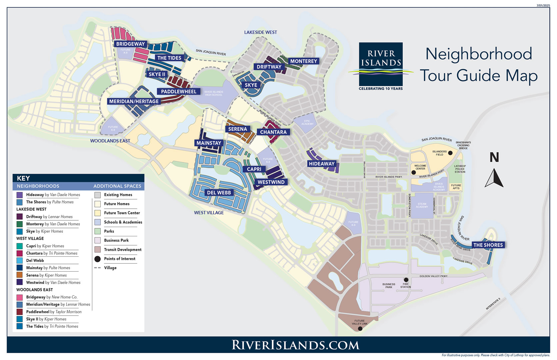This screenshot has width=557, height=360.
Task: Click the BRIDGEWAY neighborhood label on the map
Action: point(130,44)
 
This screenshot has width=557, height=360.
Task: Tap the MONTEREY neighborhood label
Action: point(303,61)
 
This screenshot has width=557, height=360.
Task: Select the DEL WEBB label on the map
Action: point(219,193)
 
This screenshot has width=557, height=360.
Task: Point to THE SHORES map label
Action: point(488,245)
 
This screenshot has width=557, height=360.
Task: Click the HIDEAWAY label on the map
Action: point(321,164)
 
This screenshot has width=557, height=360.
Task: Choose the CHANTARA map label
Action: point(273,132)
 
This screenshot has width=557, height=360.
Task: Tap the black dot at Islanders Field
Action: point(450,153)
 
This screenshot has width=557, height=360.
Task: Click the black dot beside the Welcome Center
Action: point(414,172)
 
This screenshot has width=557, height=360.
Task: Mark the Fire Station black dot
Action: point(406,280)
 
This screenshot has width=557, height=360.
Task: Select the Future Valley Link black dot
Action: point(360,329)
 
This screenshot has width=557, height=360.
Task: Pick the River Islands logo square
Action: point(381,64)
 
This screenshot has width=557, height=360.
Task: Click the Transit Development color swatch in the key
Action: point(97,249)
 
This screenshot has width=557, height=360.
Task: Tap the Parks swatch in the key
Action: point(97,231)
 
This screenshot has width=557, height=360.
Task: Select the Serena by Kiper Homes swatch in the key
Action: point(20,275)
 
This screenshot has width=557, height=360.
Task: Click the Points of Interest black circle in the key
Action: point(97,259)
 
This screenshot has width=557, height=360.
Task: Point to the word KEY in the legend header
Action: point(23,178)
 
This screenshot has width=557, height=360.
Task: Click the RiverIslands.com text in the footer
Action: point(295,345)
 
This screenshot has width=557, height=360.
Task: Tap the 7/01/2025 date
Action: point(543,6)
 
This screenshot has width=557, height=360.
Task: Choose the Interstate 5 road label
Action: point(493,304)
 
